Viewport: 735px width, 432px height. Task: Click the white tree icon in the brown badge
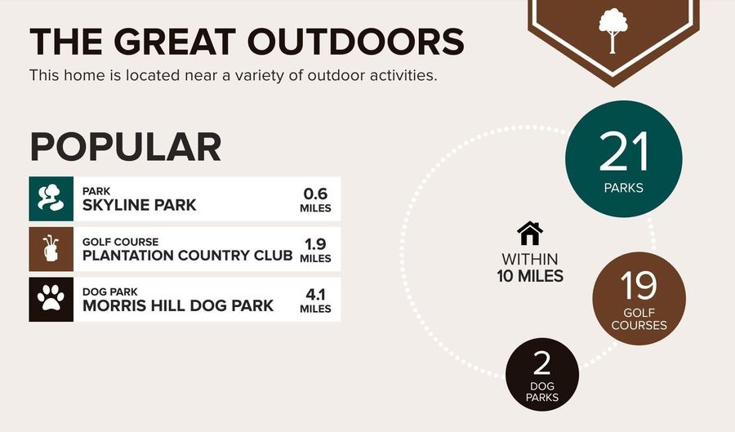coord(612,30)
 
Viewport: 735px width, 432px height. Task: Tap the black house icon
coord(530,234)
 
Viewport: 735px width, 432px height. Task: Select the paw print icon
coord(51,298)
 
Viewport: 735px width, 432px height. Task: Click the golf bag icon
coord(51,249)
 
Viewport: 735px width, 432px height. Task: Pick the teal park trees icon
coord(51,198)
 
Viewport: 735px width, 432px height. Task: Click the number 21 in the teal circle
coord(623,152)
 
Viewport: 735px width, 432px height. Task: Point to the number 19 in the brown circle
coord(639,285)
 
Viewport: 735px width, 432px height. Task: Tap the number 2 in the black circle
coord(542,363)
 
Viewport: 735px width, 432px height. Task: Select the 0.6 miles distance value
coord(315,199)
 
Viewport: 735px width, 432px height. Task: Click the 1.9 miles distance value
coord(315,250)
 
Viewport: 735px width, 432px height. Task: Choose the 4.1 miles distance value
coord(315,301)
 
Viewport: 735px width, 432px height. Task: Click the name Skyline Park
coord(139,205)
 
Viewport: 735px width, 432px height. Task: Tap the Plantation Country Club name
coord(188,256)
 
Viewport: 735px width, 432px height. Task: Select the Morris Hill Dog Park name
coord(178,305)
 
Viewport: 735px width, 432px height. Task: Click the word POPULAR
coord(126,147)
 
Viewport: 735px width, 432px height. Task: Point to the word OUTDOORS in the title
coord(356,42)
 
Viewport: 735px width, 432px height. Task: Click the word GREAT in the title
coord(175,42)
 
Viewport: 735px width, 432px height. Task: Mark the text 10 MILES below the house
coord(530,276)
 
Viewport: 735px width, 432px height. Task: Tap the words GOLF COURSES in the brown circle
coord(639,319)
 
